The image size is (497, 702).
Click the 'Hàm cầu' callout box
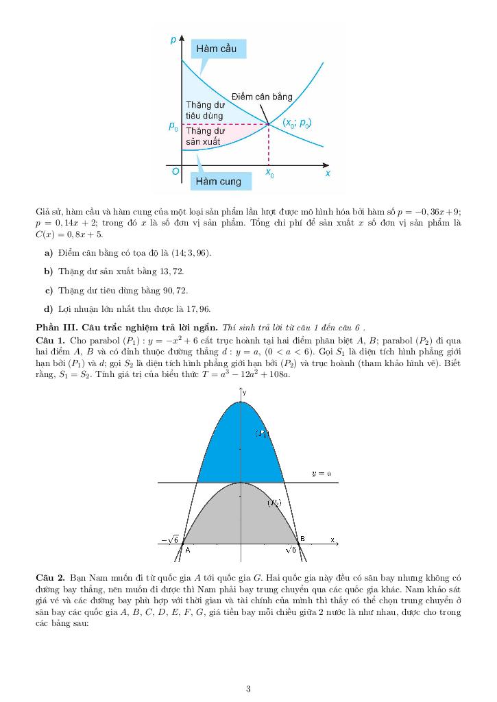216,49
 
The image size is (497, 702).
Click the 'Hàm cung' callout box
219,182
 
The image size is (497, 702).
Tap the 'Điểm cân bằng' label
262,97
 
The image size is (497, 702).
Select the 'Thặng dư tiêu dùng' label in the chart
205,110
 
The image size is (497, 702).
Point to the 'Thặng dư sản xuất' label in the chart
204,135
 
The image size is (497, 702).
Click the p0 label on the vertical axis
173,126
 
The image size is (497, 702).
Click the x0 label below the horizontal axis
270,174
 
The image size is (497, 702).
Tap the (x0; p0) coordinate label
298,124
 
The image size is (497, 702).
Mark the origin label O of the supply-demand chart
176,172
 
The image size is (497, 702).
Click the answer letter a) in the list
49,254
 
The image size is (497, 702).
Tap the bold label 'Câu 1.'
50,340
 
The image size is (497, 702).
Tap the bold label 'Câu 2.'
50,579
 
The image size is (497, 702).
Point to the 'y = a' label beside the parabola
321,473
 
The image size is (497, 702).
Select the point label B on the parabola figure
302,539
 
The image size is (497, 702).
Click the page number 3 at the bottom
248,689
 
